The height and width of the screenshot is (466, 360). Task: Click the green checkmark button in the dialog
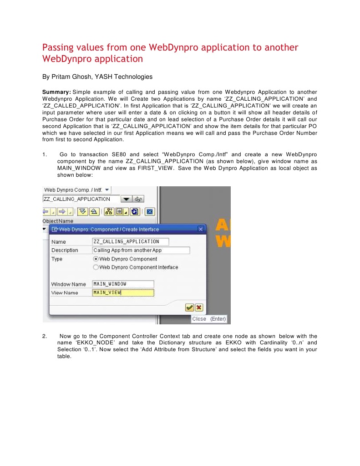189,307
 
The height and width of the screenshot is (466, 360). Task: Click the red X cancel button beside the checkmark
198,307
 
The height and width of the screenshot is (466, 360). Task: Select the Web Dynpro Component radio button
96,259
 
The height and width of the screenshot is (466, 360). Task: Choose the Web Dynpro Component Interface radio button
96,267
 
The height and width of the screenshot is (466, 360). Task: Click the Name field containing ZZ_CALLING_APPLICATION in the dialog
130,241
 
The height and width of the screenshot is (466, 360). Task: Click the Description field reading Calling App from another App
141,250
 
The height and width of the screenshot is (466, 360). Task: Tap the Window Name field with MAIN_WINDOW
123,284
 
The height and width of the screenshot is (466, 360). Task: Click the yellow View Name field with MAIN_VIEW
123,292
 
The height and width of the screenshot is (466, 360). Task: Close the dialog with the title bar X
201,229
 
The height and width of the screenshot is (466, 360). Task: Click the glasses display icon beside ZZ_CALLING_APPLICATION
139,199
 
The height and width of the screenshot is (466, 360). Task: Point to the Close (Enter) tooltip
208,319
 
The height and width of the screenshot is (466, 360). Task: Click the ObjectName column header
58,221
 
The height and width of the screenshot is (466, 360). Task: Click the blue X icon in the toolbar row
151,211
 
